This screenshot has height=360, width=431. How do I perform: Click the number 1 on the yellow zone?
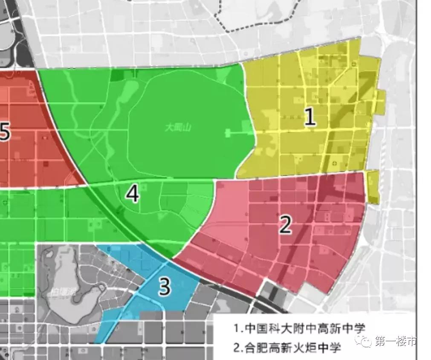point(310,117)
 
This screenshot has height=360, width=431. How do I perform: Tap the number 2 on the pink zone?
point(285,225)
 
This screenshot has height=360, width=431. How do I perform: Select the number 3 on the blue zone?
point(165,287)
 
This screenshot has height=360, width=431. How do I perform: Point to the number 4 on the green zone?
point(133,195)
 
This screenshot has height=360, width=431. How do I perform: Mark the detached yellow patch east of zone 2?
point(373,187)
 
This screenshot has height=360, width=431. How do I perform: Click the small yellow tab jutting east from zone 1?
point(381,102)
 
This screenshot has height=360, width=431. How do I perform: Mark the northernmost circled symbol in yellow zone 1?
point(356,64)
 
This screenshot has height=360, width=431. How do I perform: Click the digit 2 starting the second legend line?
point(237,347)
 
